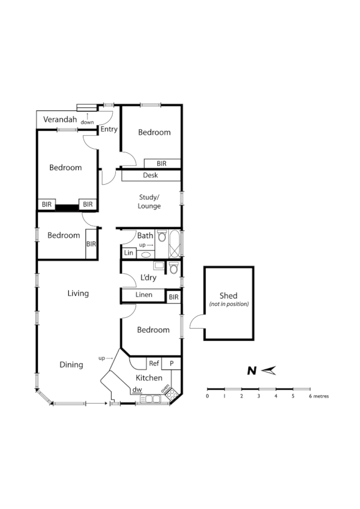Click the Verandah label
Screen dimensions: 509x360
[x=60, y=119]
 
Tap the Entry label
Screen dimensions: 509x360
[x=109, y=129]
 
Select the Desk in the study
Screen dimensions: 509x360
[x=150, y=176]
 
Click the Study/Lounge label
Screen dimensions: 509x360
[x=149, y=202]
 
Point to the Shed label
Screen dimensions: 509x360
[x=228, y=296]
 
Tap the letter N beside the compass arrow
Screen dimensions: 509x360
[x=251, y=371]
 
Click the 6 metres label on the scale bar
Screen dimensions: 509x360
[x=319, y=396]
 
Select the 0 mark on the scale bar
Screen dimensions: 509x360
[x=207, y=396]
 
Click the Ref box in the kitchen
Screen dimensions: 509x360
[x=154, y=363]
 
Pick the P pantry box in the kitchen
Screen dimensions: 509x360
[x=171, y=363]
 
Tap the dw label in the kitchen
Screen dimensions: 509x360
[x=137, y=390]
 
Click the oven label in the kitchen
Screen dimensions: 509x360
[x=165, y=390]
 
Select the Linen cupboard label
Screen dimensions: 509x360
[x=144, y=296]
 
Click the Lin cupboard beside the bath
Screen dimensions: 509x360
[x=128, y=252]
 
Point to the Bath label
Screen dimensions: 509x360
[x=145, y=235]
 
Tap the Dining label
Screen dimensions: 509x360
[x=71, y=365]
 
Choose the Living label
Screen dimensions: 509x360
[x=78, y=293]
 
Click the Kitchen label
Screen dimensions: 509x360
[x=149, y=378]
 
